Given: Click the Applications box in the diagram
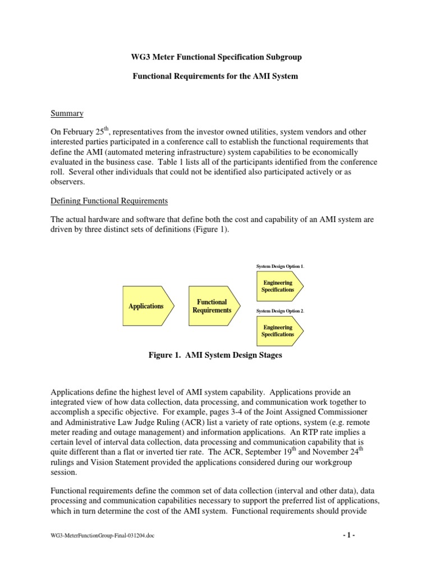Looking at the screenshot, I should click(146, 306).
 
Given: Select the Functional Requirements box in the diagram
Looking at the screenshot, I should click(212, 306).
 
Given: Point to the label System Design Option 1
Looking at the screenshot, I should click(279, 266).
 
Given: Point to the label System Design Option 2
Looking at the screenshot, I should click(279, 311).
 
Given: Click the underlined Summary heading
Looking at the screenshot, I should click(67, 114).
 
